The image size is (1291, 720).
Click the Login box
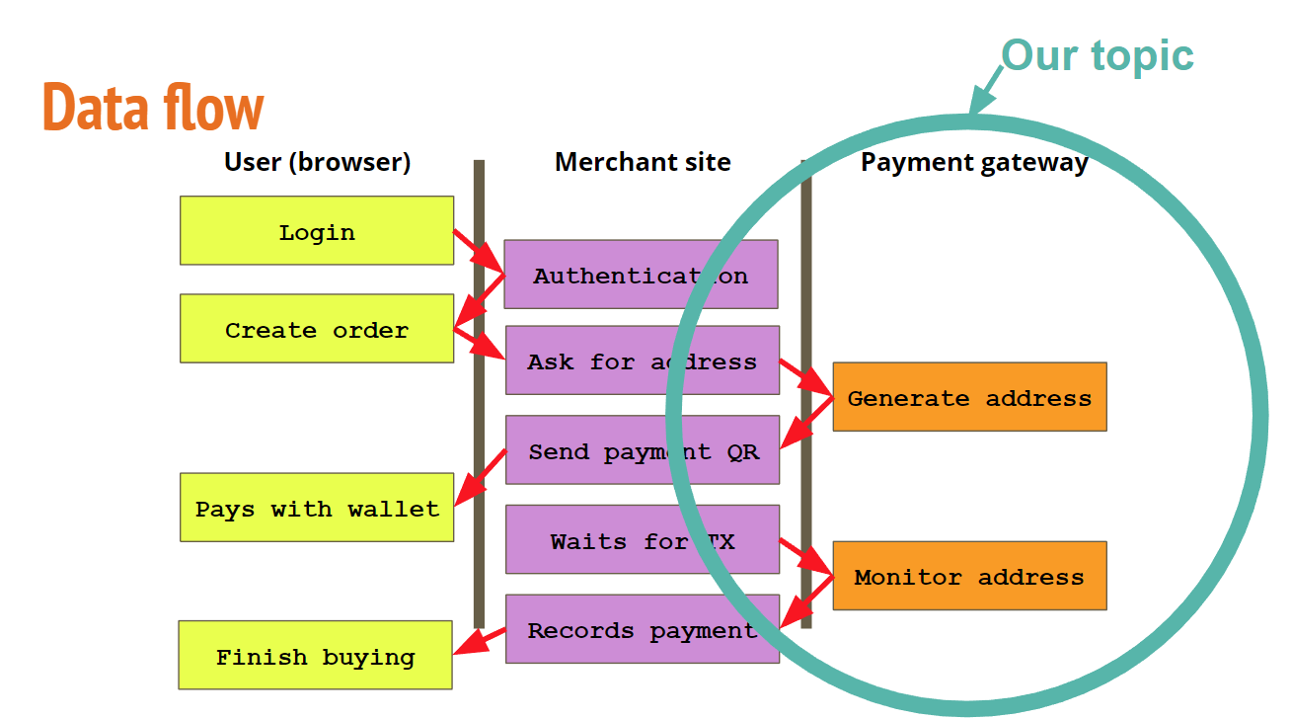pos(316,230)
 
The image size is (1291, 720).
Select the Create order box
pos(316,328)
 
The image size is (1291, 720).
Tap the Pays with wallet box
pos(316,507)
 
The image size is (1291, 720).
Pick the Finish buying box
pos(315,655)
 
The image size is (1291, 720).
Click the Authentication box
pos(640,274)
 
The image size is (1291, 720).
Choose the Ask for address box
pos(642,360)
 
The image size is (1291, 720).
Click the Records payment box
pos(642,628)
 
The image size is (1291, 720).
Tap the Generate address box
pos(969,396)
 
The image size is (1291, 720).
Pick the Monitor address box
pos(969,575)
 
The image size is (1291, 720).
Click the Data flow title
pos(153,107)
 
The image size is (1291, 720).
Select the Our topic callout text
pos(1097,54)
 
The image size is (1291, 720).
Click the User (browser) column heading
pos(317,161)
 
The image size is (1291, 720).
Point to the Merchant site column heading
pos(643,161)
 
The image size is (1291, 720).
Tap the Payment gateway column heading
pos(974,162)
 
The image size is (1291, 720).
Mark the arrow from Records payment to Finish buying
pos(480,641)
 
